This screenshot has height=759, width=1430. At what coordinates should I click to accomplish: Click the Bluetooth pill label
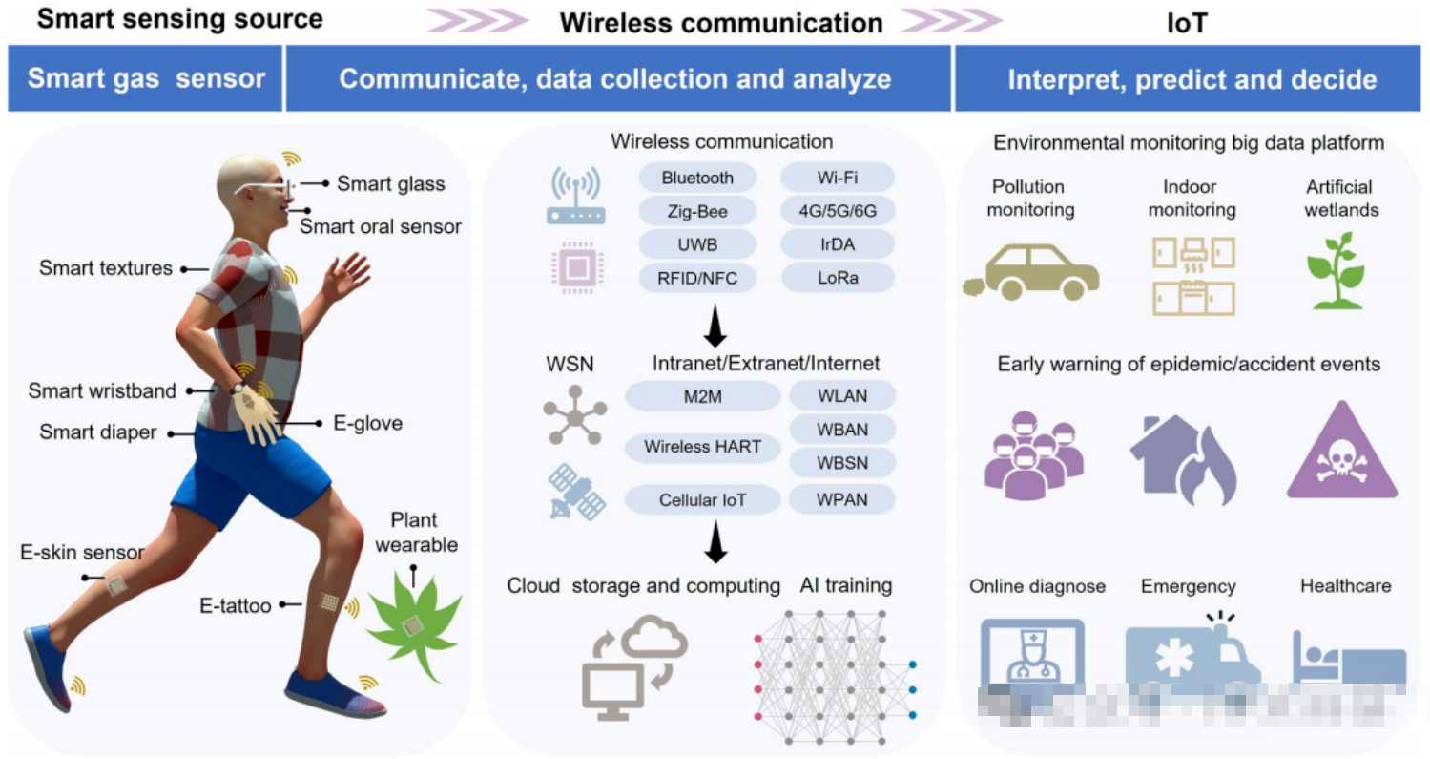tap(697, 178)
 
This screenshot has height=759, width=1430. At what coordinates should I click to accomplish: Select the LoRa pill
tap(837, 278)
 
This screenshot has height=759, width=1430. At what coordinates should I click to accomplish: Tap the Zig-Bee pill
tap(697, 211)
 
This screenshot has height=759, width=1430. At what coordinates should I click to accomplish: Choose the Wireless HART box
tap(702, 446)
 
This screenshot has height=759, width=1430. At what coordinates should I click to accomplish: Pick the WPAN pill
tap(842, 498)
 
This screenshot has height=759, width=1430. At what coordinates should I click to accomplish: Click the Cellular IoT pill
tap(702, 498)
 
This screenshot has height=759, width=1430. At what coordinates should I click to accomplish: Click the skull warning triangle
tap(1341, 454)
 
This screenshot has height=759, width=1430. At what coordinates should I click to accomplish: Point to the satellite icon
tap(576, 492)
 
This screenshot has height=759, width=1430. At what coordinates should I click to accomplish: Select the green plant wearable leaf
tap(413, 623)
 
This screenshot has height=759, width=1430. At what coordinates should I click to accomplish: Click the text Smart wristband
tap(102, 390)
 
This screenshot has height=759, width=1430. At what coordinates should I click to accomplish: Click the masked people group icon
tap(1033, 459)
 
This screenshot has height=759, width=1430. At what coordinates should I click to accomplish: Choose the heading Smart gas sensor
tap(146, 78)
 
